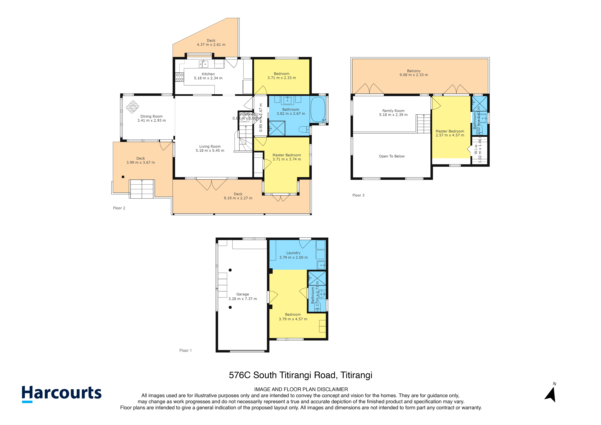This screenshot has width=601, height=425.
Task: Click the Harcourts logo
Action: [62, 393]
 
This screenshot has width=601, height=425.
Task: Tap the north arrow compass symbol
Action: [551, 394]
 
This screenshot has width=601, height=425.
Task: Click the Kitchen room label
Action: [208, 74]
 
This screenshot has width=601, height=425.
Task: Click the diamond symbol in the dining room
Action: [132, 107]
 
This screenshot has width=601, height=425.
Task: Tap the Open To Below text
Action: [392, 156]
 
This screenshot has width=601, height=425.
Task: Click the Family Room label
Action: [393, 111]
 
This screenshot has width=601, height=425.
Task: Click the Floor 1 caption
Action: [185, 350]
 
